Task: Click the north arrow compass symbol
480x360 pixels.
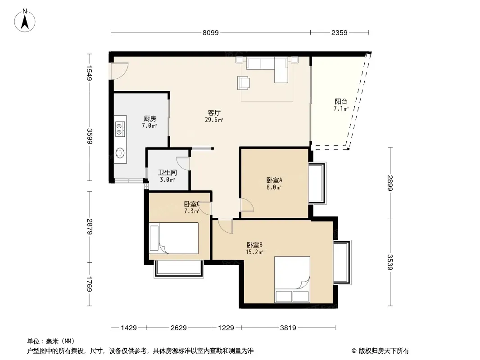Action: coord(25,21)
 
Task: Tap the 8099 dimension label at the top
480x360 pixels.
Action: coord(211,32)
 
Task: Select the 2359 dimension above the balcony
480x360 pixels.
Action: coord(339,32)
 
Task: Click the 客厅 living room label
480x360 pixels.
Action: coord(214,113)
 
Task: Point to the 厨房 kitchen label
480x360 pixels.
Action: coord(149,119)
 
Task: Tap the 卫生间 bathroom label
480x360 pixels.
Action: coord(167,173)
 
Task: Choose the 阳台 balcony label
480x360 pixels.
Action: coord(341,102)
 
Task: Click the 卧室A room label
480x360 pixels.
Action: coord(274,180)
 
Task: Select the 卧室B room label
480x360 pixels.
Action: coord(254,245)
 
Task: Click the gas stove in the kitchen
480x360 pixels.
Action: coord(120,129)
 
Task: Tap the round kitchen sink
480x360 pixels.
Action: coord(120,153)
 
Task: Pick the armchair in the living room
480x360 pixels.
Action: coord(243,83)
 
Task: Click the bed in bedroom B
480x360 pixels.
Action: coord(292,279)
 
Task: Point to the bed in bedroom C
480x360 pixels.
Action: coord(173,238)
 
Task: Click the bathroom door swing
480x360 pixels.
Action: coord(183,163)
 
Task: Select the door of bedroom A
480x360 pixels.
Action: coord(247,205)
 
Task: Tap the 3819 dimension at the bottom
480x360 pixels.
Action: coord(288,328)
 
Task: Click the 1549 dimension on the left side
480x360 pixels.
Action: coord(90,73)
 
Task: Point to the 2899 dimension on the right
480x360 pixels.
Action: coord(390,183)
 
